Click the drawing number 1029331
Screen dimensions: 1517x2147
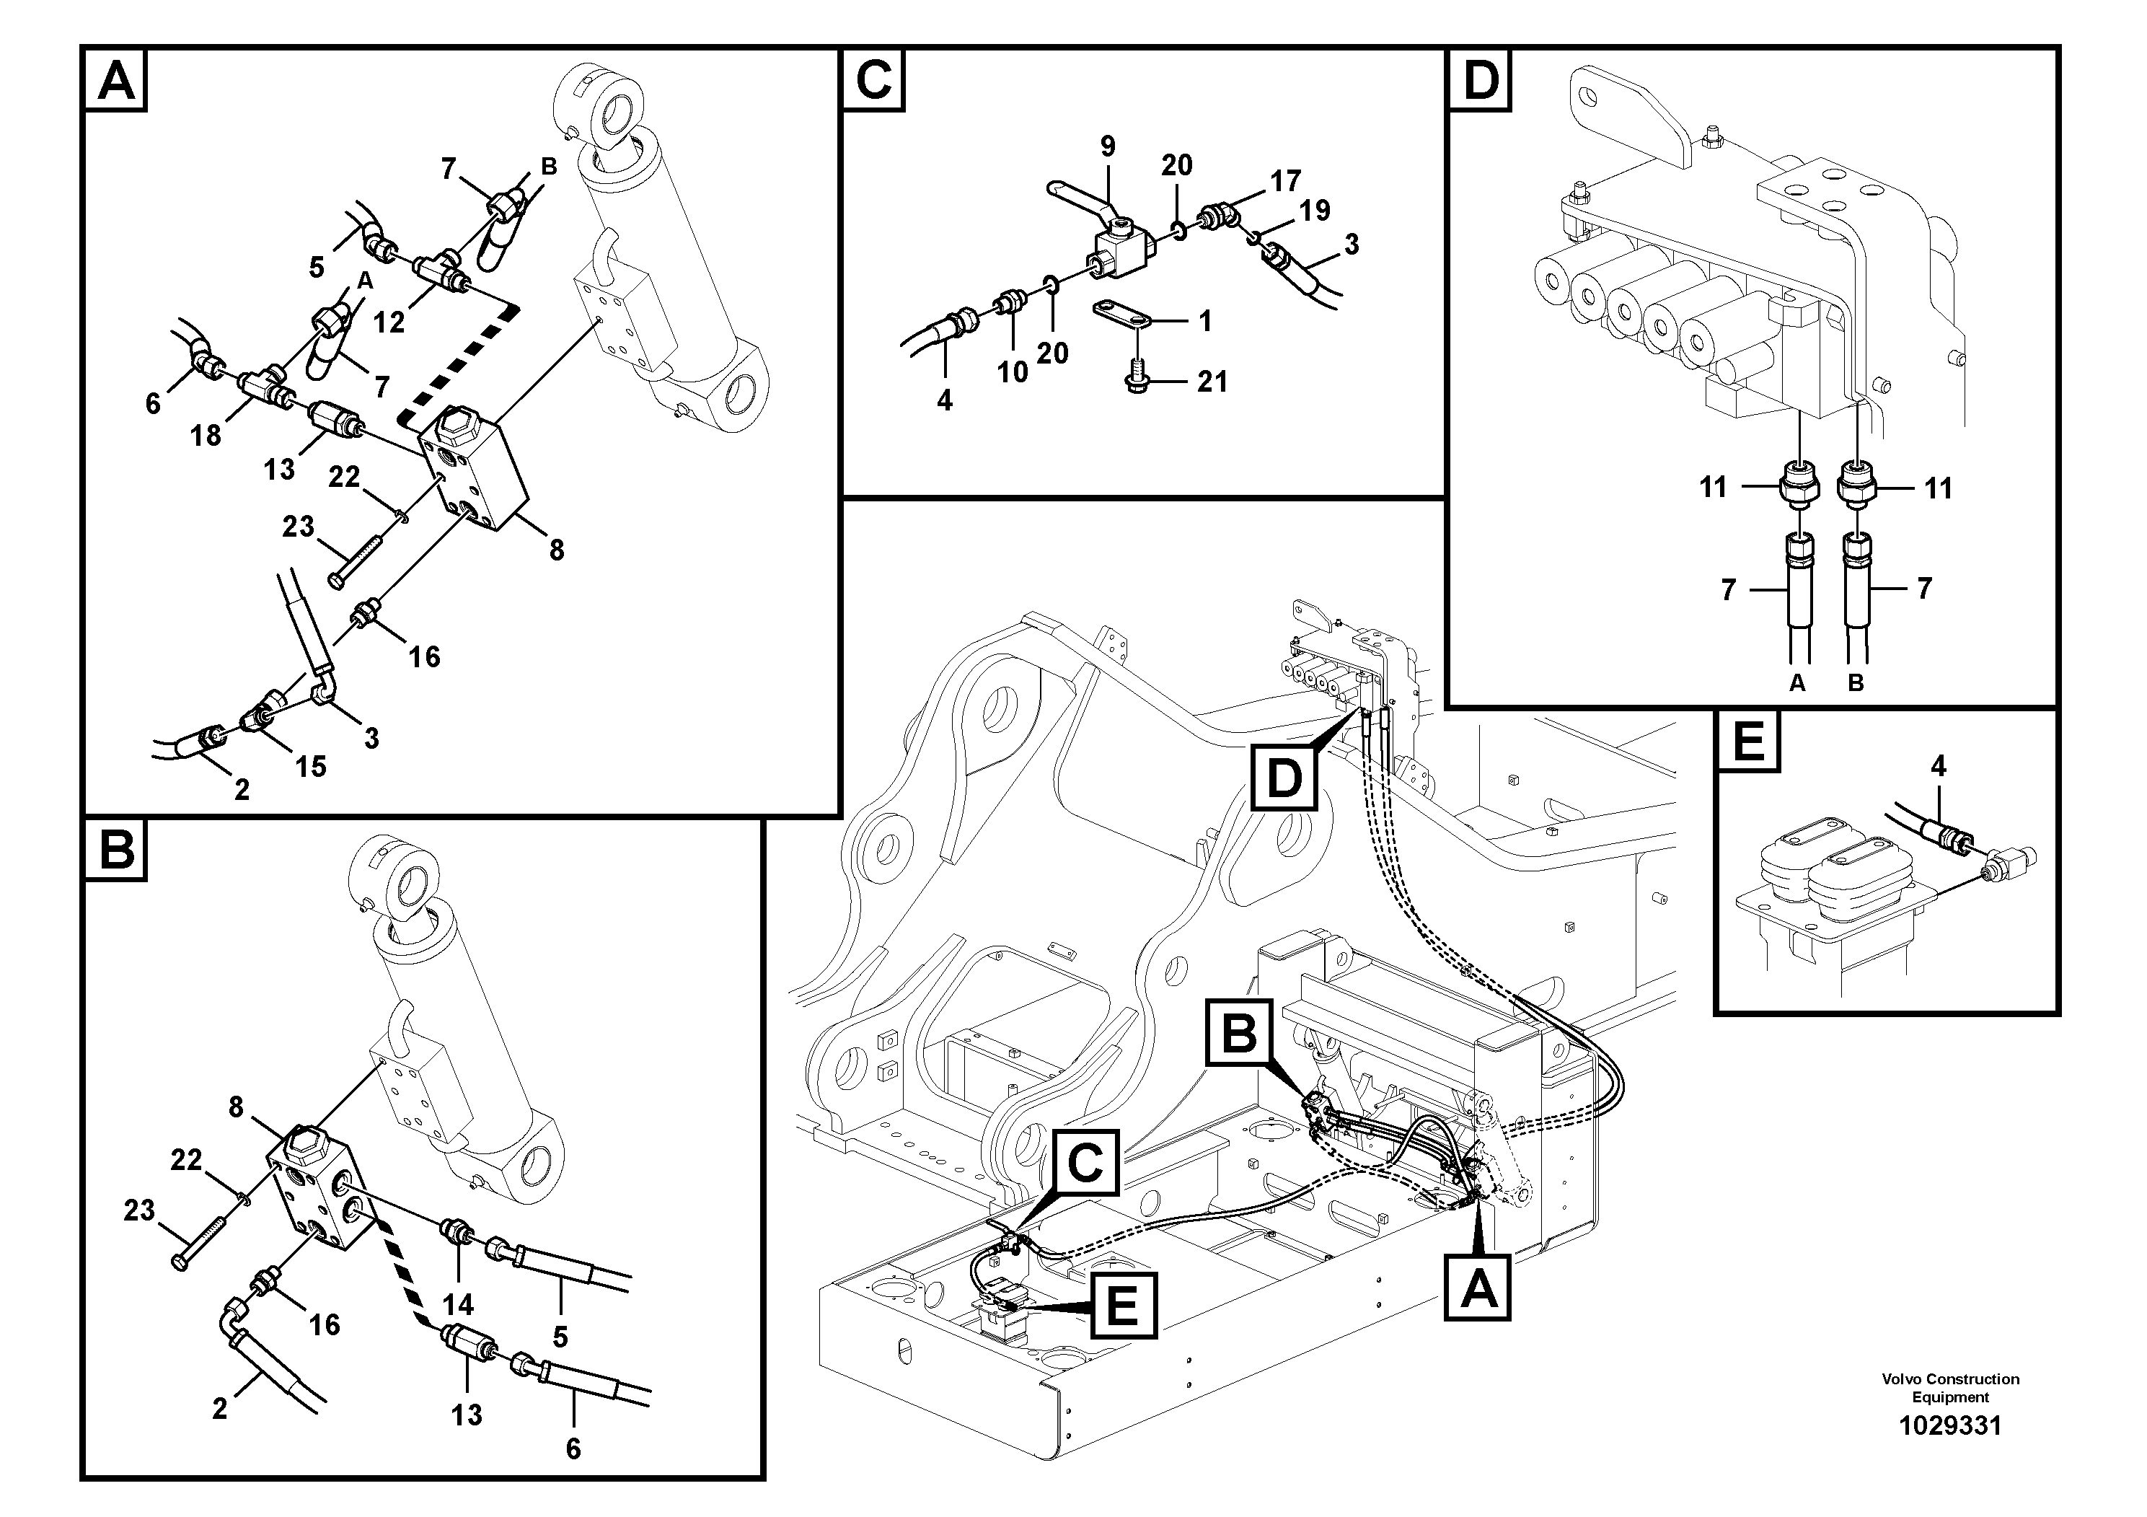tap(1949, 1425)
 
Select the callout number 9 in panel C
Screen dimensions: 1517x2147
tap(1107, 147)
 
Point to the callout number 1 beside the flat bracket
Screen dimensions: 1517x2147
tap(1205, 321)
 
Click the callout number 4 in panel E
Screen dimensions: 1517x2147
tap(1939, 766)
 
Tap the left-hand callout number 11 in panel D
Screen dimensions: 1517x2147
tap(1712, 488)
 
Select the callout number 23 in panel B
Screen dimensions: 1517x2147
tap(139, 1210)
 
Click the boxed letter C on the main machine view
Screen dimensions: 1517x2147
tap(1085, 1163)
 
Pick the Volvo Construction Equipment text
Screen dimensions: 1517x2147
tap(1949, 1388)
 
